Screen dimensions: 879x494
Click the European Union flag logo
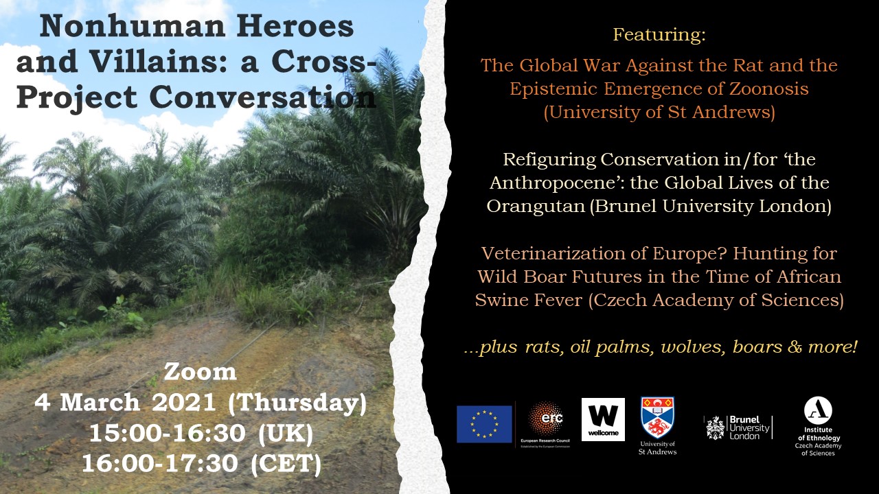point(484,424)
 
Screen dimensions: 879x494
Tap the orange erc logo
point(545,419)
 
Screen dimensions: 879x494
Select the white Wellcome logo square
point(603,419)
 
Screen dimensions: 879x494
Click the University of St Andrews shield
point(658,418)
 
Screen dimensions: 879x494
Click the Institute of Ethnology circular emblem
point(818,410)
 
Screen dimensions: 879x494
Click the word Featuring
point(659,34)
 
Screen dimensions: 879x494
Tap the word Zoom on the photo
point(200,372)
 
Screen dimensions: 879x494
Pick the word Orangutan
point(536,207)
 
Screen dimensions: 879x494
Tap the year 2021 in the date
point(183,402)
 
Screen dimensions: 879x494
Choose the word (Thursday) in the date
point(297,403)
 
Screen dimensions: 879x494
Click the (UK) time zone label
point(286,434)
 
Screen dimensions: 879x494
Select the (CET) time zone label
point(286,464)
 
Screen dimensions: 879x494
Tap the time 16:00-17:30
point(160,463)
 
